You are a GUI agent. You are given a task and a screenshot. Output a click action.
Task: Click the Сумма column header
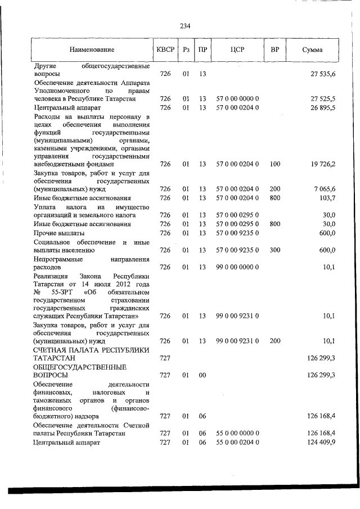(x=312, y=50)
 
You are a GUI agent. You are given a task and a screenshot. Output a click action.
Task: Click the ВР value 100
(x=274, y=164)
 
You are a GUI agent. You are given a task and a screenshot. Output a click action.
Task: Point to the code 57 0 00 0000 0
(x=237, y=99)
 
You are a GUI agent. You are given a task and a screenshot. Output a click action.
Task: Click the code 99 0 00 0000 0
(x=237, y=268)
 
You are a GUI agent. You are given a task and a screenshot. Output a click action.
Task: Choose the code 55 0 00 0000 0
(x=237, y=434)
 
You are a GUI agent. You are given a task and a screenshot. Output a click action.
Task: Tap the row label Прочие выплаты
(x=59, y=233)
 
